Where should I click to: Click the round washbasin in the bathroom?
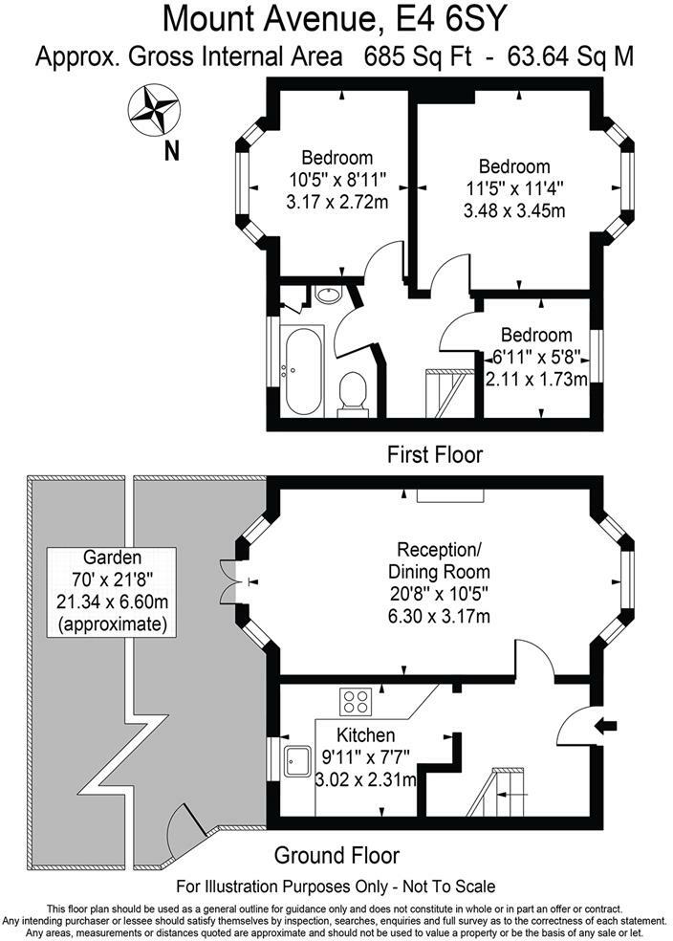pos(331,295)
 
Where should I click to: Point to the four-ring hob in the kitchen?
pos(357,702)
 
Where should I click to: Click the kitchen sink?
pos(295,760)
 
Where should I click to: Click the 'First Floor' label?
pos(435,454)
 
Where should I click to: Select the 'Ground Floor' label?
pos(337,854)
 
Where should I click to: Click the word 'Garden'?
pos(113,558)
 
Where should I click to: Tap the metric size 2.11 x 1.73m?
pos(535,380)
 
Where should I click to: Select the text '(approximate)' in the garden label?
pos(112,626)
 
